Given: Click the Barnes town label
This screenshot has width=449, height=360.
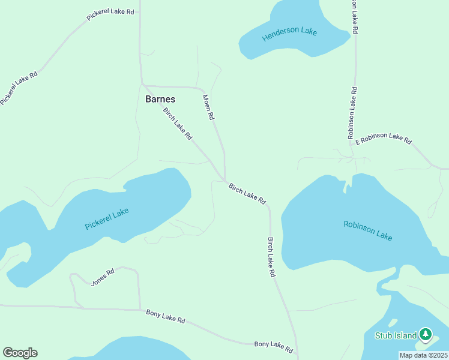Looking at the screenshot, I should pyautogui.click(x=160, y=99).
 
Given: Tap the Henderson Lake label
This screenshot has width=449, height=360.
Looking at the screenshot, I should pyautogui.click(x=289, y=34).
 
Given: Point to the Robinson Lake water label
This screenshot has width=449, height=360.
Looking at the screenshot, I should pyautogui.click(x=368, y=231).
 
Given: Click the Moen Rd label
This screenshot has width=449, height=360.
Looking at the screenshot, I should pyautogui.click(x=208, y=108).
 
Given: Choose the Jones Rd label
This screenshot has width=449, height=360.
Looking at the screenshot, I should pyautogui.click(x=102, y=277).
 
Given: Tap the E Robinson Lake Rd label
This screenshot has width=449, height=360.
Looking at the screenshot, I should pyautogui.click(x=384, y=139).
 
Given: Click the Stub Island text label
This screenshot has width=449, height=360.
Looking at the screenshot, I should pyautogui.click(x=396, y=335).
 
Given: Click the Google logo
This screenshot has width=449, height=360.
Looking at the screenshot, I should pyautogui.click(x=20, y=353).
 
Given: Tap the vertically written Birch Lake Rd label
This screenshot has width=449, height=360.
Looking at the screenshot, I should pyautogui.click(x=271, y=257).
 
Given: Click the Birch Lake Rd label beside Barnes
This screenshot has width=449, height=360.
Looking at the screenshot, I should pyautogui.click(x=177, y=124).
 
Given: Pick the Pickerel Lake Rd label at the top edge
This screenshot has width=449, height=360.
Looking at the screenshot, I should pyautogui.click(x=110, y=15).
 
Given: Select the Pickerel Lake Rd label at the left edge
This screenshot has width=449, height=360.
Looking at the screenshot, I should pyautogui.click(x=19, y=88).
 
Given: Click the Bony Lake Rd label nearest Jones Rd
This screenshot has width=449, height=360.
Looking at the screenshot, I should pyautogui.click(x=166, y=316).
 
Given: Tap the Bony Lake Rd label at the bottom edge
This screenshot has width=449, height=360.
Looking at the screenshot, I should pyautogui.click(x=273, y=347).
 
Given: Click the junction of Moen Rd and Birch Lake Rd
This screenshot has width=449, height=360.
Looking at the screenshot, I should pyautogui.click(x=225, y=180).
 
